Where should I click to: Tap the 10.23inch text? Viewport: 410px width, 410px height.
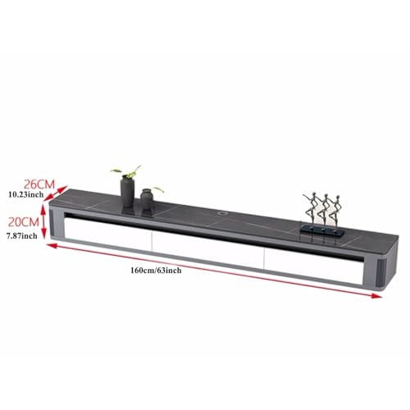[25, 195]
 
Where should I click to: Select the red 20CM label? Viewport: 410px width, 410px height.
[24, 222]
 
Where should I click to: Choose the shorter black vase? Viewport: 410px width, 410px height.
[147, 200]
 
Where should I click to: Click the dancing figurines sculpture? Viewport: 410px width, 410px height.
[317, 212]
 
